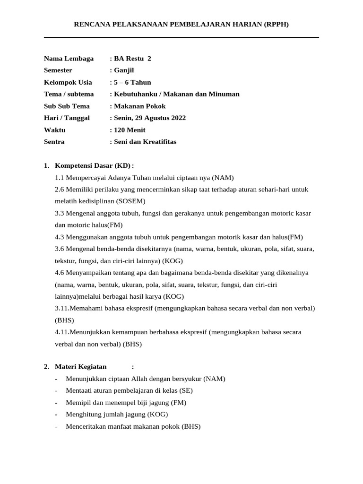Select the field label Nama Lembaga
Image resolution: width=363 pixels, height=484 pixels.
69,59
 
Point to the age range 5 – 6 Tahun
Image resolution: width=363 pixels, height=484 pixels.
132,82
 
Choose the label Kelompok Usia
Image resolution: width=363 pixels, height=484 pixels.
68,82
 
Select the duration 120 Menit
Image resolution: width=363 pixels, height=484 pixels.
129,130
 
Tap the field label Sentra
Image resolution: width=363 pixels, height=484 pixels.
54,142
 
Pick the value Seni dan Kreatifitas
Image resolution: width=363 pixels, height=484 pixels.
145,142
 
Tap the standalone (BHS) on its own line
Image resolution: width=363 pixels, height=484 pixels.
64,320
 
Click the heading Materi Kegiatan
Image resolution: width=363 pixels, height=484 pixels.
81,367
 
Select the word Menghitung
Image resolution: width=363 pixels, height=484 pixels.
82,415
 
